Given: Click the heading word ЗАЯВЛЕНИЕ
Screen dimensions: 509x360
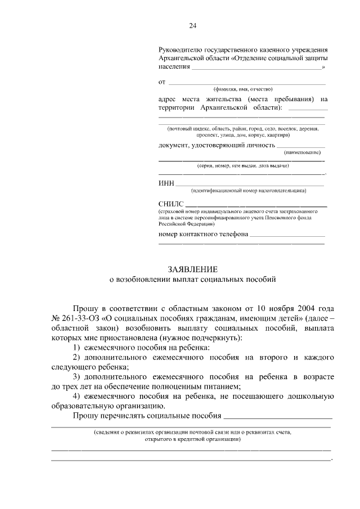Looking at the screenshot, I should (x=192, y=269).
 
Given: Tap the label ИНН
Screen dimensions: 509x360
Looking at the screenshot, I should (x=166, y=183).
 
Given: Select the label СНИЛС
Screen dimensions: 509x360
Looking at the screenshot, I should (x=171, y=203).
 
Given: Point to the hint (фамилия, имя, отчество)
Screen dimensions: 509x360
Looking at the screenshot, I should (x=242, y=89).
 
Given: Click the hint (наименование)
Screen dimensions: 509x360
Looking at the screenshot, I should (x=304, y=152).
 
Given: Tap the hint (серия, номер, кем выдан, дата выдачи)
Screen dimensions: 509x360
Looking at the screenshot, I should (x=243, y=166).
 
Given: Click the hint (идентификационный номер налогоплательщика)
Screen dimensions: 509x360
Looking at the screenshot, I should (x=248, y=190).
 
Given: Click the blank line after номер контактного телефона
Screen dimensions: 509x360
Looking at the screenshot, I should (x=287, y=235).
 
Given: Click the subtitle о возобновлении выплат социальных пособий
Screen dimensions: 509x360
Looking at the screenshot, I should (x=192, y=279).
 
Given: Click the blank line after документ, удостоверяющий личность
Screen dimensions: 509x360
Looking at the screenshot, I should (x=300, y=147).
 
